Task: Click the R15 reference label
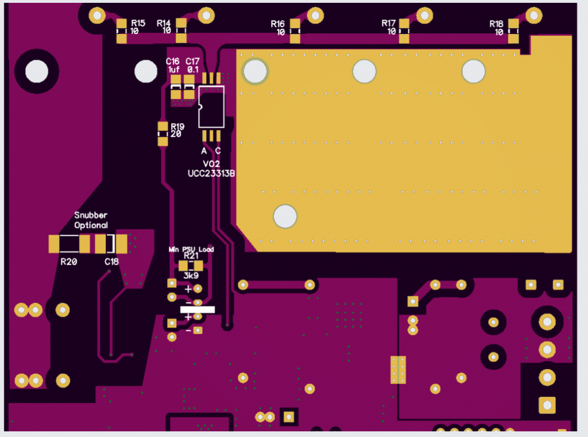pos(138,23)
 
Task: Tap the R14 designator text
pos(164,23)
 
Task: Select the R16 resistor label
pos(278,24)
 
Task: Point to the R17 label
pos(389,23)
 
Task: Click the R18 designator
pos(497,24)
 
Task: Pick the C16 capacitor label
pos(173,61)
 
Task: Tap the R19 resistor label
pos(177,126)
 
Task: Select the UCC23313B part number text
pos(211,172)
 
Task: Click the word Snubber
pos(91,215)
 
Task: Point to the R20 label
pos(69,262)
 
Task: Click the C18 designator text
pos(111,262)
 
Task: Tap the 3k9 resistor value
pos(191,276)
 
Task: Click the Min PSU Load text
pos(191,250)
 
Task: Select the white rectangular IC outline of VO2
pos(211,107)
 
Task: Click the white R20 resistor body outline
pos(69,244)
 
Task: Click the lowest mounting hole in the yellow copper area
pos(285,217)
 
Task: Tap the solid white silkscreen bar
pos(198,309)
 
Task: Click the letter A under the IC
pos(204,151)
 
